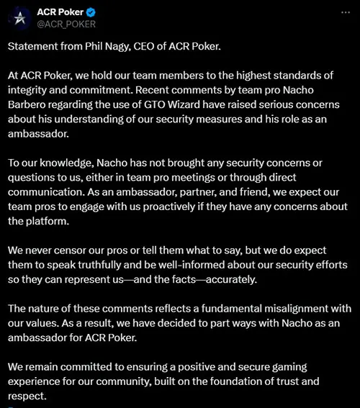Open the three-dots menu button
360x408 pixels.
pos(343,13)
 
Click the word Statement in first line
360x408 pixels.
pos(35,47)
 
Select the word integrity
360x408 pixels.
pos(29,89)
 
